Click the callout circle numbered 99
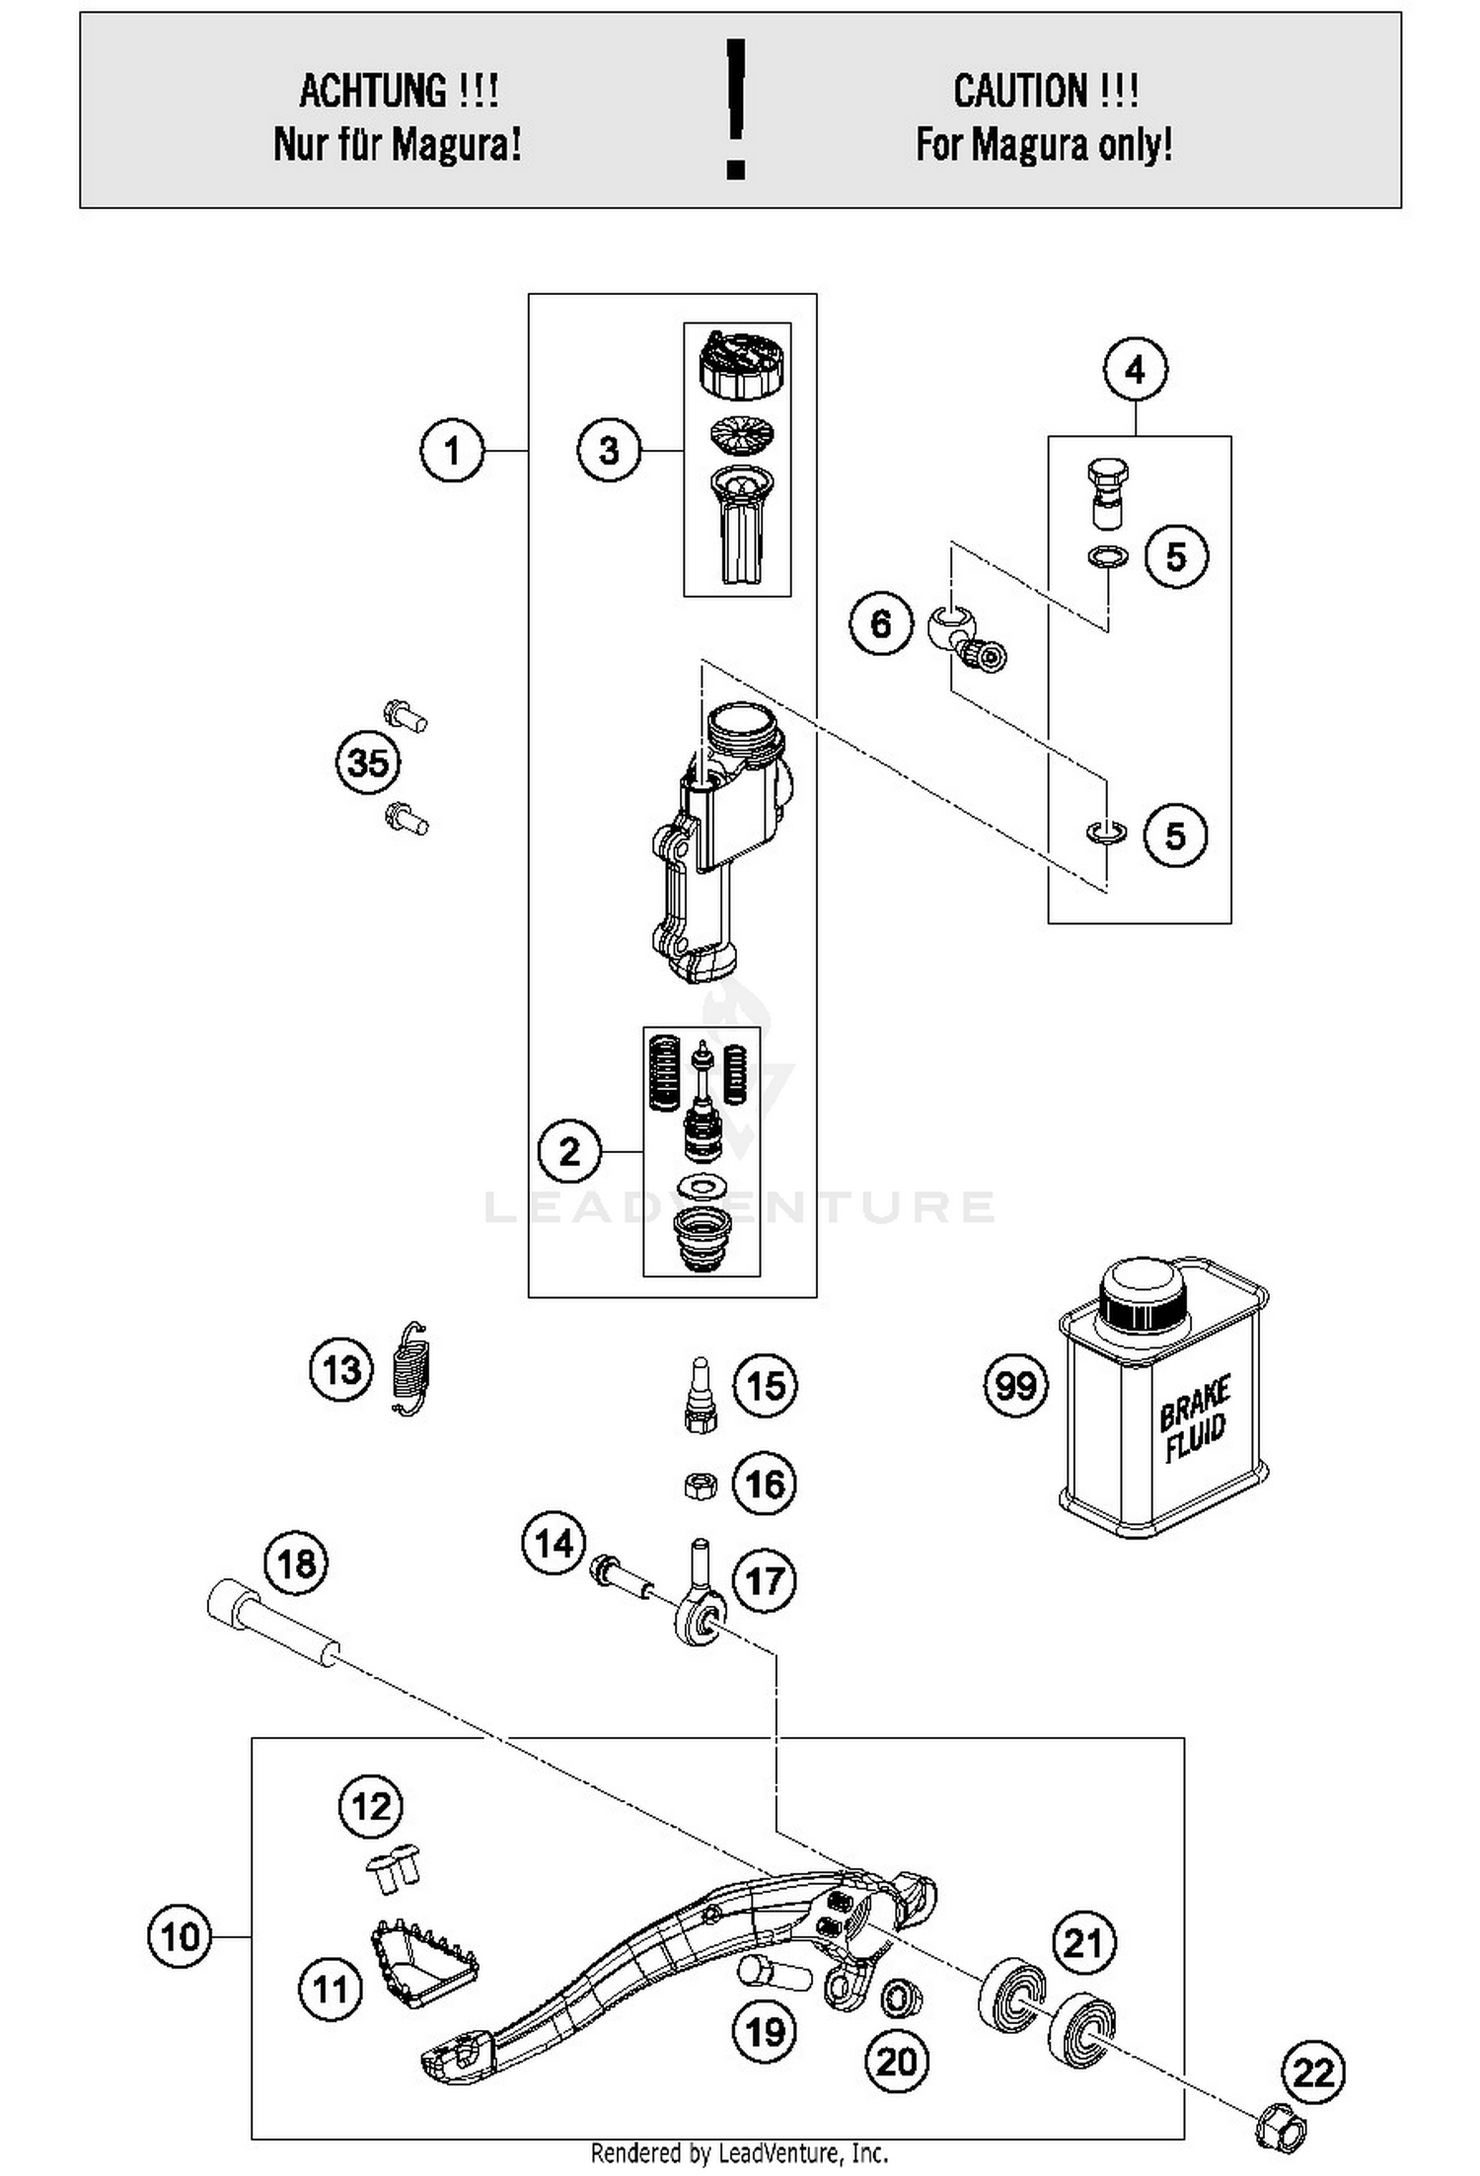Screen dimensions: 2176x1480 pyautogui.click(x=1015, y=1386)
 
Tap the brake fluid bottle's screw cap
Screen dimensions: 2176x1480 pyautogui.click(x=1142, y=1293)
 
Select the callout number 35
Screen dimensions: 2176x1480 pyautogui.click(x=368, y=762)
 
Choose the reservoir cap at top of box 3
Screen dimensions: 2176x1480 pyautogui.click(x=737, y=364)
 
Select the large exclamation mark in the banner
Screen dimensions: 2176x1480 pyautogui.click(x=735, y=109)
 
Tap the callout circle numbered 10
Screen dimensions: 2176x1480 pyautogui.click(x=180, y=1936)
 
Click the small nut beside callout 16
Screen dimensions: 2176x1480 pyautogui.click(x=700, y=1485)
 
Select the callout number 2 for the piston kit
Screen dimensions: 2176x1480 pyautogui.click(x=569, y=1151)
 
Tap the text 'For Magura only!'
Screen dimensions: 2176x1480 pyautogui.click(x=1045, y=145)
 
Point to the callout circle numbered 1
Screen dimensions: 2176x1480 pyautogui.click(x=452, y=451)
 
